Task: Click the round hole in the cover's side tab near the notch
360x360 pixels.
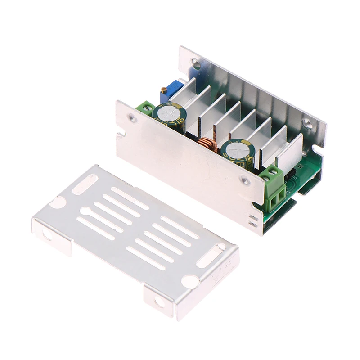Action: (x=48, y=234)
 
